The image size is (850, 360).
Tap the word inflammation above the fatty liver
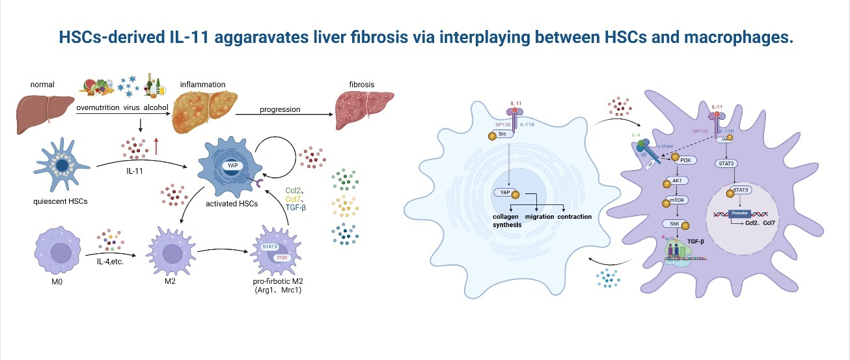pyautogui.click(x=203, y=85)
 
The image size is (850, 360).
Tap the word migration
pyautogui.click(x=540, y=215)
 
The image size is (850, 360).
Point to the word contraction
pyautogui.click(x=575, y=215)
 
